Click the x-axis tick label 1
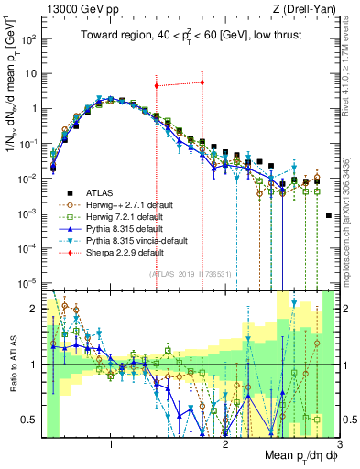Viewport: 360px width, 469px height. pyautogui.click(x=111, y=445)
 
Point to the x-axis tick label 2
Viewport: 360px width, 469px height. pyautogui.click(x=225, y=445)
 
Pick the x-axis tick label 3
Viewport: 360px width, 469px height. pyautogui.click(x=339, y=445)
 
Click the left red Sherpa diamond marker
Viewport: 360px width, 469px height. pyautogui.click(x=157, y=85)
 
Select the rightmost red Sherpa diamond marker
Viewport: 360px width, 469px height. pyautogui.click(x=202, y=82)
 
